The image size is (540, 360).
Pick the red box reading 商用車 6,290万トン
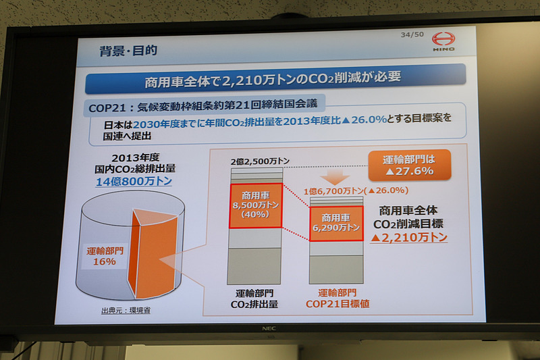point(335,223)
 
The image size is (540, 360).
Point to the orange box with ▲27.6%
point(409,165)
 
